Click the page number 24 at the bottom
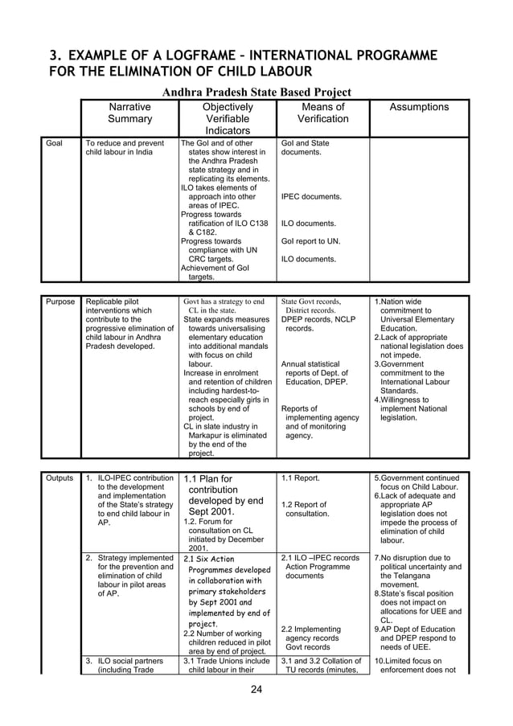click(x=256, y=688)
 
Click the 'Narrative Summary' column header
click(x=129, y=113)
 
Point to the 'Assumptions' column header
click(x=419, y=108)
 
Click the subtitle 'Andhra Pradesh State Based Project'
click(x=256, y=92)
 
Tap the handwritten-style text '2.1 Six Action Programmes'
click(x=209, y=567)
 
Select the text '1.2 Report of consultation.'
click(x=306, y=509)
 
